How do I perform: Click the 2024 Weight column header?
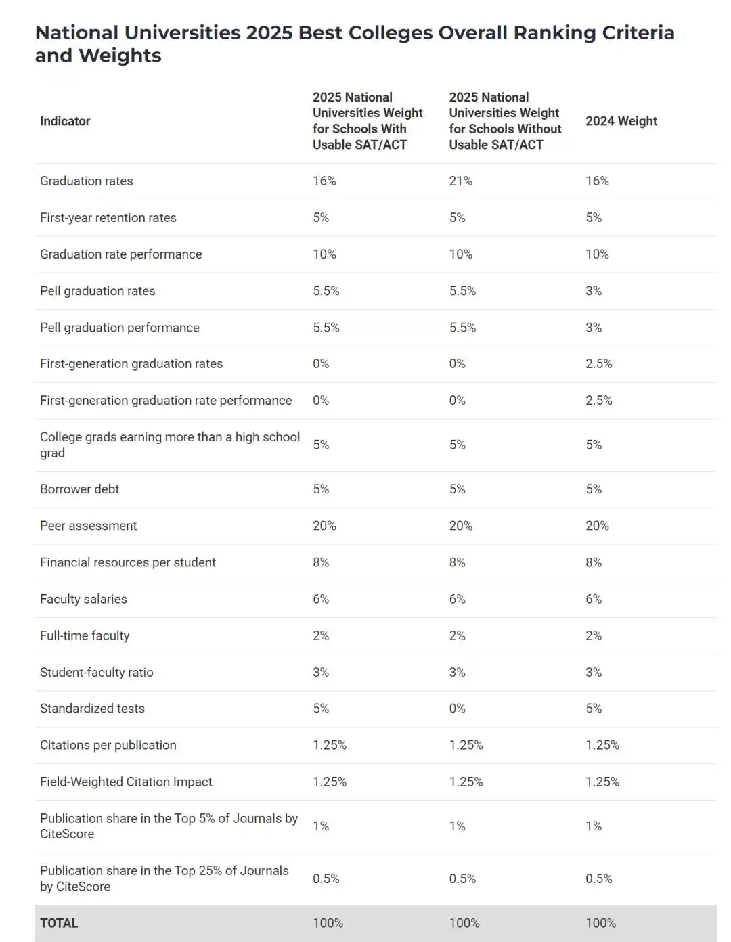(x=621, y=121)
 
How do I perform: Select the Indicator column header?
(x=65, y=121)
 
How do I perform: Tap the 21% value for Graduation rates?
(x=460, y=181)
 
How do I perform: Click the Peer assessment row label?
(x=88, y=526)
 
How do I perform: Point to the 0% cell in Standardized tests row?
(x=457, y=709)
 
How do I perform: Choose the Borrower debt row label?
(x=79, y=489)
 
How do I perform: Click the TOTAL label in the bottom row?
(x=59, y=923)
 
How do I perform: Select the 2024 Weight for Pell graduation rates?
(x=593, y=291)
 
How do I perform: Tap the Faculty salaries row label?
(x=83, y=599)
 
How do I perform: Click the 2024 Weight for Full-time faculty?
(x=593, y=635)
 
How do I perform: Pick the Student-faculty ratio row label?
(x=96, y=672)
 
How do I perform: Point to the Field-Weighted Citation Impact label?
(x=126, y=782)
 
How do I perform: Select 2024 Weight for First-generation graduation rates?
(x=598, y=364)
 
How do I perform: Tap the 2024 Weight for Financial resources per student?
(x=593, y=562)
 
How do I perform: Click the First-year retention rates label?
(x=108, y=218)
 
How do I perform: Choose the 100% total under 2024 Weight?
(x=600, y=923)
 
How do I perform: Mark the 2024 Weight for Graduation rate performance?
(x=597, y=254)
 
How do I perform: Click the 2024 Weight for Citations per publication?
(x=602, y=745)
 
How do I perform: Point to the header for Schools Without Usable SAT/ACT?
(x=505, y=121)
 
